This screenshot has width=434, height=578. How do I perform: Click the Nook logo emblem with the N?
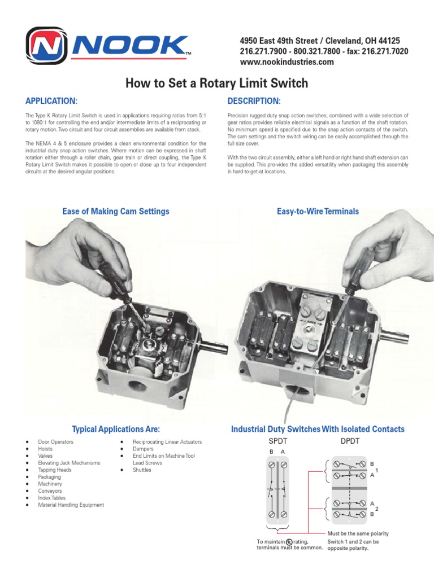[x=49, y=48]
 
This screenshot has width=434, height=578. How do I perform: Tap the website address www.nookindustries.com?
[x=287, y=62]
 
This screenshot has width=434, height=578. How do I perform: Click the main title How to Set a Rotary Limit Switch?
[x=216, y=84]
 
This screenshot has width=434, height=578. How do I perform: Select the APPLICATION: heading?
[x=51, y=101]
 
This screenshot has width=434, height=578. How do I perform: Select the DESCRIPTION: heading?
[x=254, y=101]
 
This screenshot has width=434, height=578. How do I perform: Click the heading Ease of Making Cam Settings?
[x=115, y=211]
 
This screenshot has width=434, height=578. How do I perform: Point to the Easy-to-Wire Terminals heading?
[x=318, y=211]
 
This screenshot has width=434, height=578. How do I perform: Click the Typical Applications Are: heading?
[x=115, y=429]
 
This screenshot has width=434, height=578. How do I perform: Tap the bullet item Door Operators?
[x=55, y=441]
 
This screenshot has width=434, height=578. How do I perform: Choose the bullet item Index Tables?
[x=51, y=498]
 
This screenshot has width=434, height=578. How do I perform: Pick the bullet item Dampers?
[x=144, y=449]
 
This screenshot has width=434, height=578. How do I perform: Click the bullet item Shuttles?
[x=142, y=470]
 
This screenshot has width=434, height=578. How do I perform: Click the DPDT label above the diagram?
[x=350, y=440]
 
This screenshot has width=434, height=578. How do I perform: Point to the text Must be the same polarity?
[x=358, y=533]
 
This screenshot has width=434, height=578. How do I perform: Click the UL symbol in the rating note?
[x=289, y=542]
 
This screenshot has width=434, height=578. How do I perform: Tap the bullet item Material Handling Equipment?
[x=71, y=505]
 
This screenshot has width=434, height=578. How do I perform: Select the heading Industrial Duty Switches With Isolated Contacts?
[x=318, y=429]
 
